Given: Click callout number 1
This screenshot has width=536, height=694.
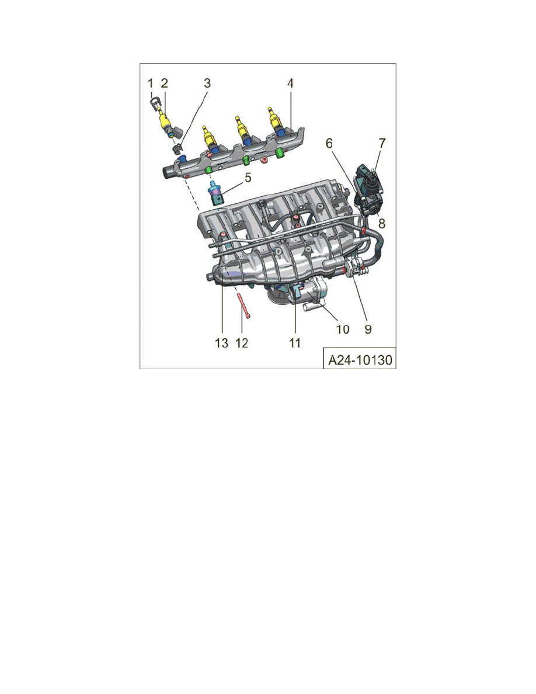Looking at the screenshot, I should [x=150, y=84].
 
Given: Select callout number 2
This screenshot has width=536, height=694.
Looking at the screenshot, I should [x=165, y=84].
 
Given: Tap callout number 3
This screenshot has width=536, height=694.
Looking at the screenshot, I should [x=207, y=84].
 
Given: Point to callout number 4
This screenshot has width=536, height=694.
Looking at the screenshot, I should [x=290, y=84].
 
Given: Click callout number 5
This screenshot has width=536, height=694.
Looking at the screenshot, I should [x=248, y=177].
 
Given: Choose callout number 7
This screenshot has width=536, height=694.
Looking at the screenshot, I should [x=382, y=143].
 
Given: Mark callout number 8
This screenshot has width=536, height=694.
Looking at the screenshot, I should [x=382, y=223].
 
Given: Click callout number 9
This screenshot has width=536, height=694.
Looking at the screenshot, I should [x=368, y=329].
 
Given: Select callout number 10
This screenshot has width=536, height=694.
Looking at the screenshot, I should [x=342, y=329].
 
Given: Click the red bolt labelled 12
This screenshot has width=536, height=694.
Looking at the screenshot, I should [x=244, y=306].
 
